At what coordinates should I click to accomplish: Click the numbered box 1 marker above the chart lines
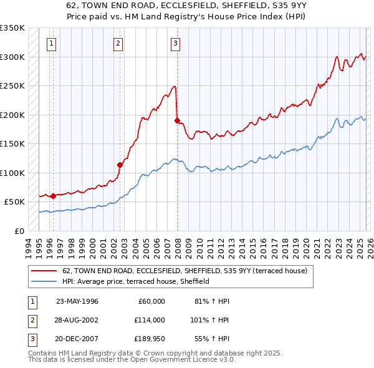[50, 43]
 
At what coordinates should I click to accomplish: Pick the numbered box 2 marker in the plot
[118, 43]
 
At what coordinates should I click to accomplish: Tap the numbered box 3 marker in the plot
[176, 43]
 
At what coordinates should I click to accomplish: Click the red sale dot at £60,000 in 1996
[53, 196]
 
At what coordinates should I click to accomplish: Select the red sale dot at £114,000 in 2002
[120, 165]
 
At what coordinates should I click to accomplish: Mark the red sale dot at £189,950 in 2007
[177, 120]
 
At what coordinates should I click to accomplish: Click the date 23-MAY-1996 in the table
[77, 301]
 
